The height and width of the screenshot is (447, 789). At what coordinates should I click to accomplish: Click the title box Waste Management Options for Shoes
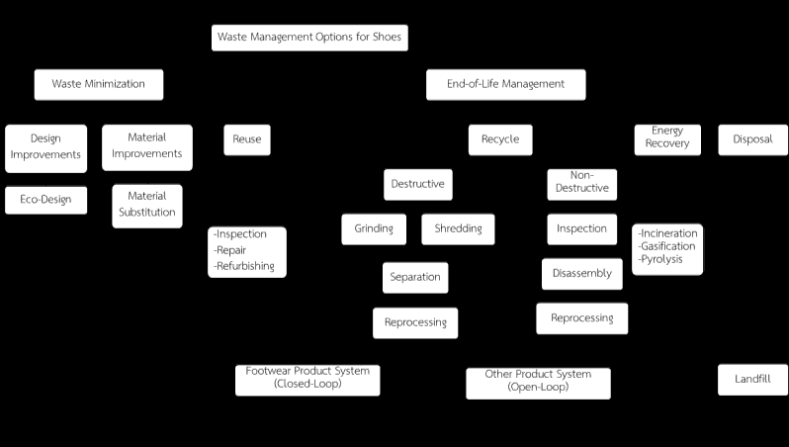309,38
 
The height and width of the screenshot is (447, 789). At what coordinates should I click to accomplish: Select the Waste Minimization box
99,85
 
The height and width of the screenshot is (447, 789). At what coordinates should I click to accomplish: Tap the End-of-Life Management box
505,85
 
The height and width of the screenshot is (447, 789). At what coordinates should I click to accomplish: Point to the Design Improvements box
45,148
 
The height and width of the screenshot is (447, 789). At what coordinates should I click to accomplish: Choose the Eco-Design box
45,201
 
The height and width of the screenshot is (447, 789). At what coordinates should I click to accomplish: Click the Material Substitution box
147,206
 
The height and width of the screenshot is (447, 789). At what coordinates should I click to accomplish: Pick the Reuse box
247,140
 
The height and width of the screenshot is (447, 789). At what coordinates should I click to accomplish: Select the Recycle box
500,140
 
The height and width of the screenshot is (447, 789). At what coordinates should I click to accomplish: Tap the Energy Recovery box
667,140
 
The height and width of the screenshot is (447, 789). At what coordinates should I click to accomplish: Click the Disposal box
752,140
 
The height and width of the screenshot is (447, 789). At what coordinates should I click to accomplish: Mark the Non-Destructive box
582,185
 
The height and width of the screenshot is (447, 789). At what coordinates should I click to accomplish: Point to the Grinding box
374,229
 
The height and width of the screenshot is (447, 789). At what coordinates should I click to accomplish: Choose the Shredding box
458,229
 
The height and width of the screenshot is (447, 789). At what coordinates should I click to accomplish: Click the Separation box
415,277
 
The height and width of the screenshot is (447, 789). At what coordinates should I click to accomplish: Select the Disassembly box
582,274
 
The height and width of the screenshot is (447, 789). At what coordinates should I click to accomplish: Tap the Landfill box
752,380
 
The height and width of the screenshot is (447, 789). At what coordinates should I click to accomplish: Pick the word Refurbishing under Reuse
244,266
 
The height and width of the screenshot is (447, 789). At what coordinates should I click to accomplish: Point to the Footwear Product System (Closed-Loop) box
307,380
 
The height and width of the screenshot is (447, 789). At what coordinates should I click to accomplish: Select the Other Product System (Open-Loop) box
539,384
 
